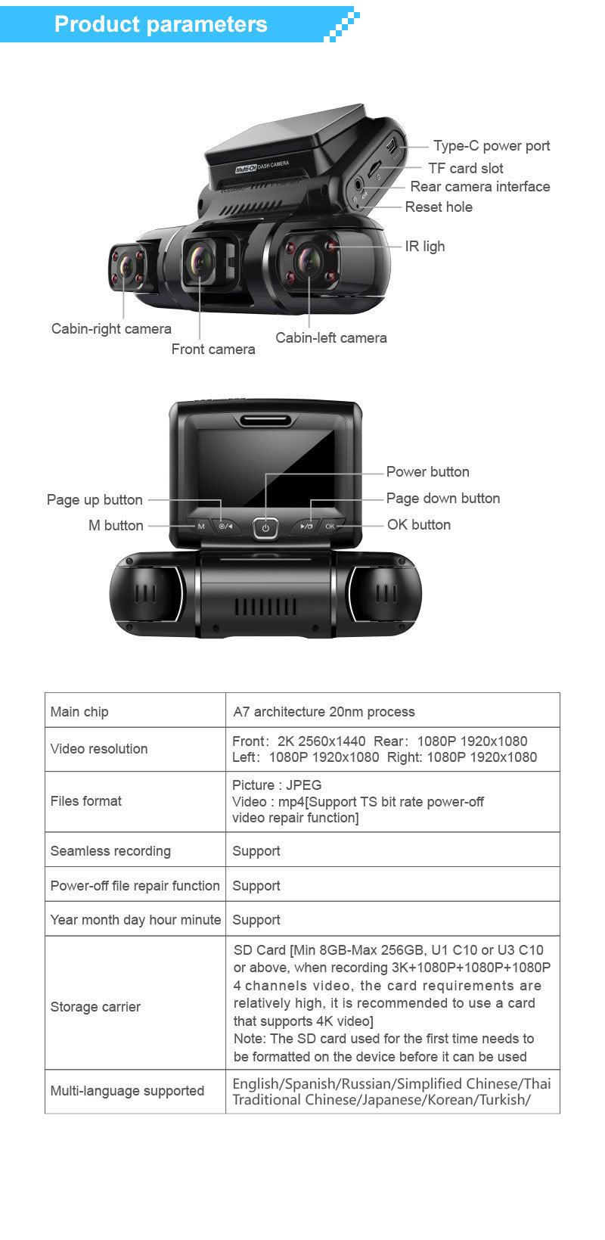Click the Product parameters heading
tap(160, 24)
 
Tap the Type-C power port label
tap(491, 146)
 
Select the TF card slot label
tap(465, 168)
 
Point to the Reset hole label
tap(438, 207)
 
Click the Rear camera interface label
tap(479, 187)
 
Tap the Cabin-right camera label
tap(111, 328)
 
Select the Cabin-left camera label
tap(330, 338)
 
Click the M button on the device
tap(200, 526)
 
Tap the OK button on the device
tap(330, 526)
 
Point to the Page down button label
tap(442, 498)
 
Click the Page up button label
tap(95, 499)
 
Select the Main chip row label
tap(79, 711)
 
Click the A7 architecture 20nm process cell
tap(324, 711)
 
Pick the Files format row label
tap(85, 801)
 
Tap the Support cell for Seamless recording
tap(256, 850)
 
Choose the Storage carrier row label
tap(95, 1006)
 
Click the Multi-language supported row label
tap(127, 1090)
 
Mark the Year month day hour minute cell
tap(135, 919)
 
